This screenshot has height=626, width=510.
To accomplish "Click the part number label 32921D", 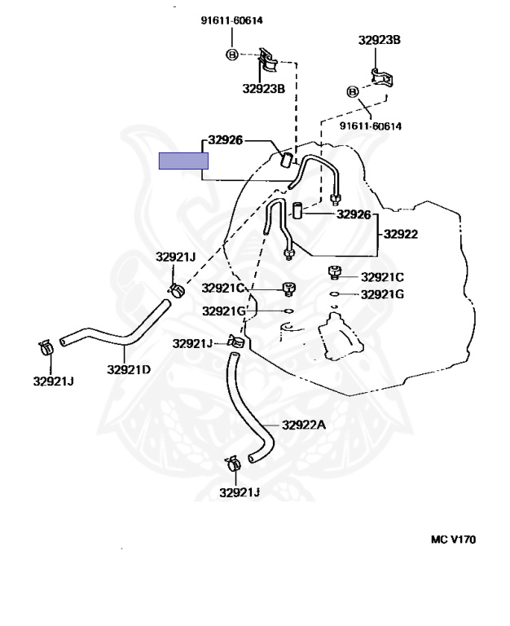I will click(129, 369).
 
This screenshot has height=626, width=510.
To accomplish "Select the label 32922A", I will click(304, 425).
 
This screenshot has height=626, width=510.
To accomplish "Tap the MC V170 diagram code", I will click(453, 539).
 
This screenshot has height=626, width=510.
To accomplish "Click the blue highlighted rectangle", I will click(183, 161).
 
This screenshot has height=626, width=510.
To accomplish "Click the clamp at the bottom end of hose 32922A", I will click(231, 465).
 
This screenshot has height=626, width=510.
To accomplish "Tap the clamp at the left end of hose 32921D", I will click(46, 349).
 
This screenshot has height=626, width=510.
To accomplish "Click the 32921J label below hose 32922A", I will click(239, 492).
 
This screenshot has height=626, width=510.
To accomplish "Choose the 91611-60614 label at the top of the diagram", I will click(232, 20).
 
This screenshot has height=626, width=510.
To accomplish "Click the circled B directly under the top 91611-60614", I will click(231, 55).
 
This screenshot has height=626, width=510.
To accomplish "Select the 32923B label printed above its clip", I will click(379, 39).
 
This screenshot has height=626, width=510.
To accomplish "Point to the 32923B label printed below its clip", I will click(263, 89).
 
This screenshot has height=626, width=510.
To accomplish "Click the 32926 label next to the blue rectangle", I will click(225, 139).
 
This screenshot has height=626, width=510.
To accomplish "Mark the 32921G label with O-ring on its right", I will click(224, 311).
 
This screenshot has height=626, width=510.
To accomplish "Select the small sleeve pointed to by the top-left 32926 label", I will click(287, 157).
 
